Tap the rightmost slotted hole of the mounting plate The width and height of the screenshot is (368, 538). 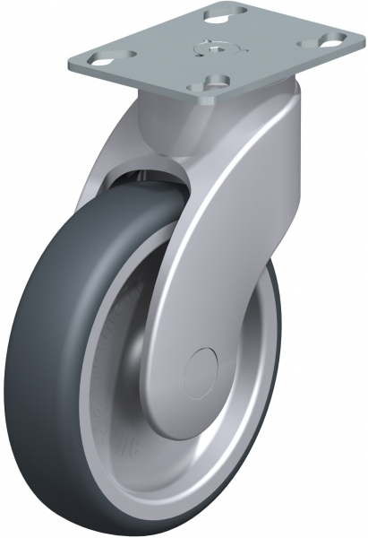[x=330, y=40]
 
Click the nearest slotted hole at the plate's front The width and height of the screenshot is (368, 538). [x=211, y=83]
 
